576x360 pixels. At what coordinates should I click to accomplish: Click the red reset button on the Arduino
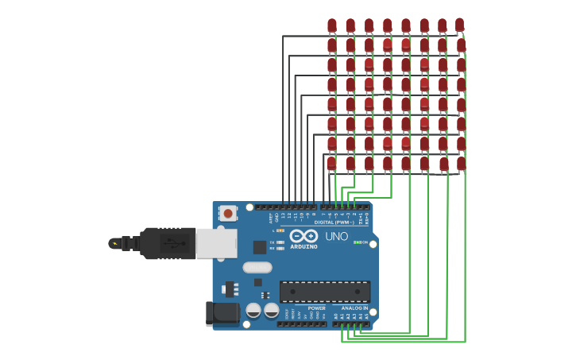228,213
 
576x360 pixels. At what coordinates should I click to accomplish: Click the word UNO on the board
336,236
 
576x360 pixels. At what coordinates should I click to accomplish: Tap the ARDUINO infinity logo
303,236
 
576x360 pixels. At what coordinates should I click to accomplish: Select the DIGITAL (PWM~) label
334,223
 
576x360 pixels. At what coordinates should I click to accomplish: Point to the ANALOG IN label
354,308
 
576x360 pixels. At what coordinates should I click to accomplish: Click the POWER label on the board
317,308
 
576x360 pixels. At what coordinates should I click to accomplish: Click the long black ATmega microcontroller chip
324,292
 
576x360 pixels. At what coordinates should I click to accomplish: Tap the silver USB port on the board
216,243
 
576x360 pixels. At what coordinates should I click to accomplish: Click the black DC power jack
222,313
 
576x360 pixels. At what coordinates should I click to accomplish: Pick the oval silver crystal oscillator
257,267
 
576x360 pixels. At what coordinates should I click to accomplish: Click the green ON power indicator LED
358,242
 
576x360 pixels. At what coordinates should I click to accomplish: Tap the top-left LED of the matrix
332,25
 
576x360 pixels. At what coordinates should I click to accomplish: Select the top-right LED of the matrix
459,25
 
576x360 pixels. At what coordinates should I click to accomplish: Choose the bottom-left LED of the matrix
332,163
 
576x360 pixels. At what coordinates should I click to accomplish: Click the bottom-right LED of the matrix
461,163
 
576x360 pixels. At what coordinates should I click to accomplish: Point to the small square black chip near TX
259,247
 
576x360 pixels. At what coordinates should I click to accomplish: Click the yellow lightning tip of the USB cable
115,243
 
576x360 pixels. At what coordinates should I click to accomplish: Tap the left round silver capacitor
253,310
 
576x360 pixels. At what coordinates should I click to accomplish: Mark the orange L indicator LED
280,230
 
